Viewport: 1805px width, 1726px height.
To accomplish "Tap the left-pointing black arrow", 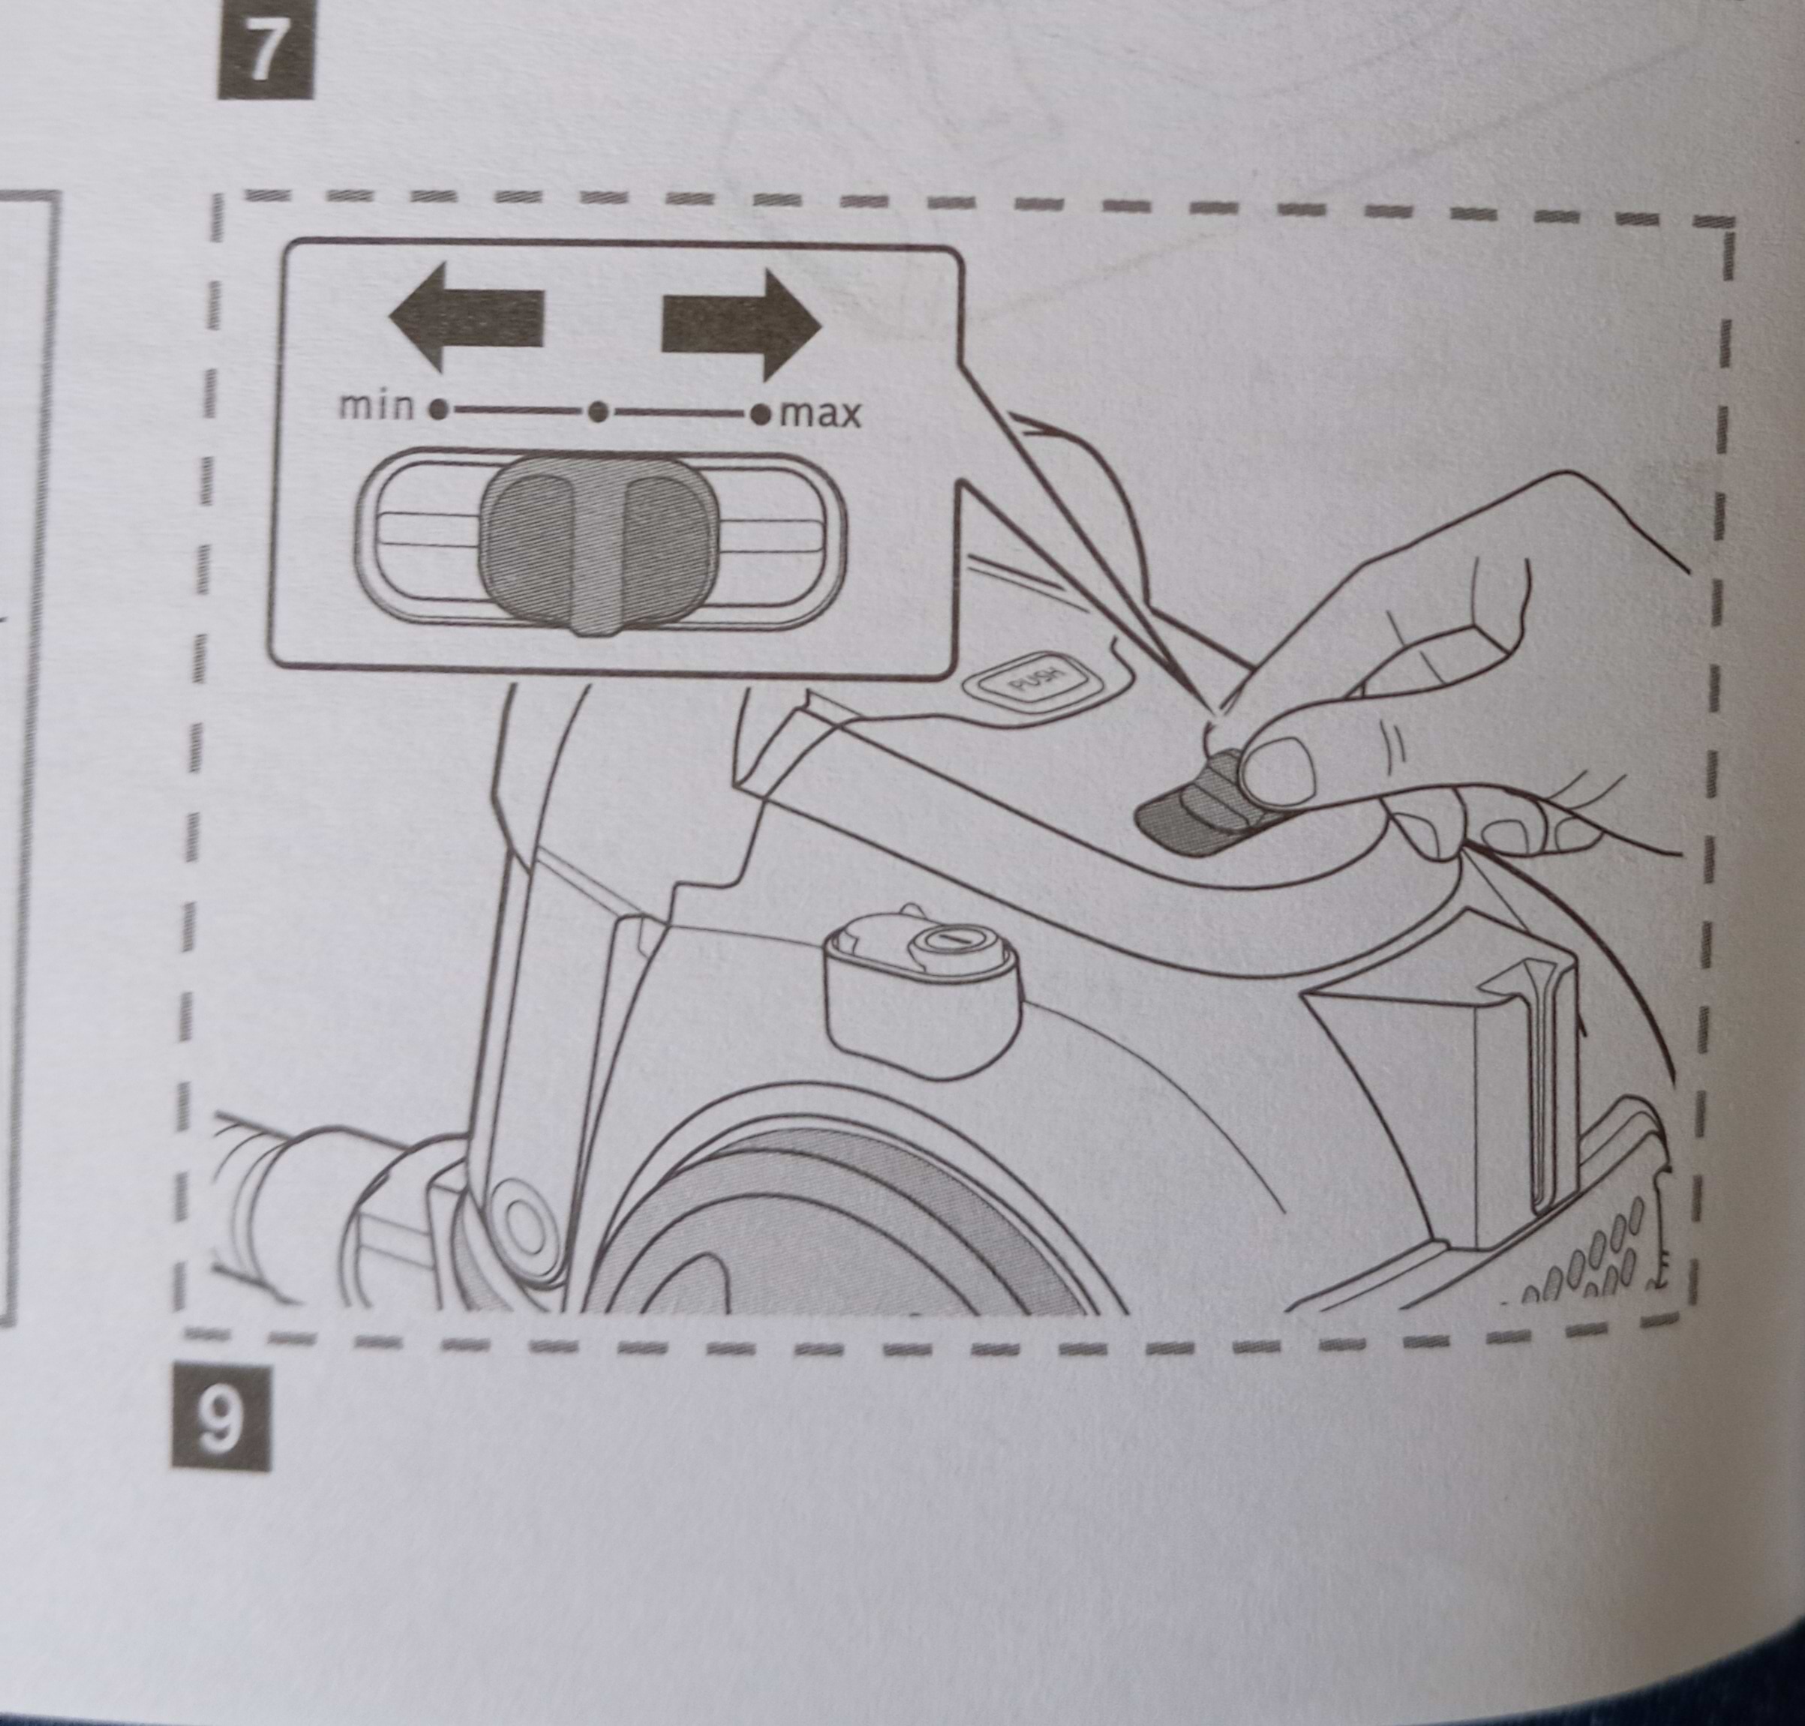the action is (x=467, y=316).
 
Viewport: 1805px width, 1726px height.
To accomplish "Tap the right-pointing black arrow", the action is (x=741, y=323).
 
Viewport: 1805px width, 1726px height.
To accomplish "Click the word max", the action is (x=820, y=416).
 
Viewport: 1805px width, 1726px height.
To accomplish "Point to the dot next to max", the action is (x=760, y=416).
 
